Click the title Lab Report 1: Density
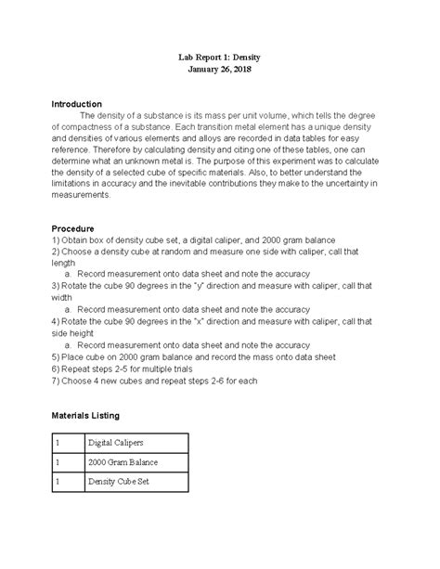tap(219, 56)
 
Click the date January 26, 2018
tap(219, 70)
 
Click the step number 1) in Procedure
tap(57, 241)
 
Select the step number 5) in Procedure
tap(57, 357)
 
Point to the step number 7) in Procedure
tap(57, 381)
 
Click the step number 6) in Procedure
tap(57, 369)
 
